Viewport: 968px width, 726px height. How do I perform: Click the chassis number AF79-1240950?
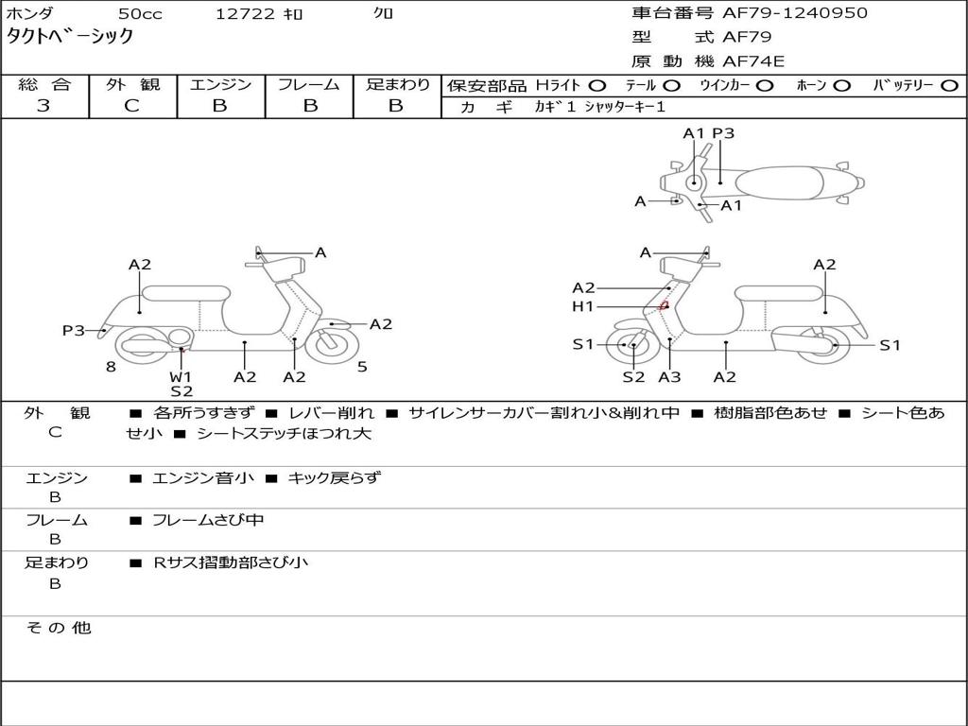pyautogui.click(x=794, y=13)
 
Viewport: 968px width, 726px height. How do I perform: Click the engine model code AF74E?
pyautogui.click(x=753, y=61)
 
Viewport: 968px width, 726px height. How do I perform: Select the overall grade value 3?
pyautogui.click(x=43, y=106)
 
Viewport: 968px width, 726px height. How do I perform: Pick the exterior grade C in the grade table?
pyautogui.click(x=131, y=106)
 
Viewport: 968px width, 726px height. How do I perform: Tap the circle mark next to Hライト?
pyautogui.click(x=597, y=86)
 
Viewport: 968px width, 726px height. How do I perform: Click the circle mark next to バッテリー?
pyautogui.click(x=949, y=86)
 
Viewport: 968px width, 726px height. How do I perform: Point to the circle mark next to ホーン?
pyautogui.click(x=841, y=86)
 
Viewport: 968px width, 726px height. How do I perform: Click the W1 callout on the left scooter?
pyautogui.click(x=181, y=376)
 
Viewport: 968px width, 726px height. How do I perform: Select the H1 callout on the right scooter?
pyautogui.click(x=582, y=306)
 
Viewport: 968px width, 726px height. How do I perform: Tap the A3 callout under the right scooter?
pyautogui.click(x=669, y=376)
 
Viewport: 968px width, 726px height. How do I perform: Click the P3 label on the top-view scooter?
pyautogui.click(x=723, y=133)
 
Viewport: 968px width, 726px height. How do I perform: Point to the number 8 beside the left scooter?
pyautogui.click(x=111, y=368)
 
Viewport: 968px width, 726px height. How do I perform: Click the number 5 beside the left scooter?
pyautogui.click(x=362, y=368)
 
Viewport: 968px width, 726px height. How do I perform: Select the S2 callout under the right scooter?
pyautogui.click(x=633, y=376)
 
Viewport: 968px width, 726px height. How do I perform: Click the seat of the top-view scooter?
pyautogui.click(x=780, y=183)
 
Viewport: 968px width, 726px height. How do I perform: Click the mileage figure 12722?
pyautogui.click(x=245, y=13)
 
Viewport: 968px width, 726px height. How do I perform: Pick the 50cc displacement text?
pyautogui.click(x=140, y=13)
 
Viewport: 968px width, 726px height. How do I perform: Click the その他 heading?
pyautogui.click(x=59, y=628)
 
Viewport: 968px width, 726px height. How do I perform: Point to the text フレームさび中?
pyautogui.click(x=208, y=520)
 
